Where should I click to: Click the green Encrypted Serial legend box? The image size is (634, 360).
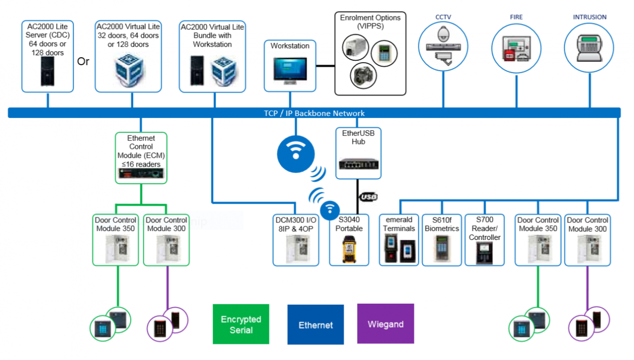click(x=241, y=324)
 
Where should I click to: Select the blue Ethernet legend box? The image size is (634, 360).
click(x=315, y=325)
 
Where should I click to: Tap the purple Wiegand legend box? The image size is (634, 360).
click(x=385, y=324)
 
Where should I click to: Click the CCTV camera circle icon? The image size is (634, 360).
click(x=443, y=46)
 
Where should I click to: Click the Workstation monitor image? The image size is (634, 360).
click(x=289, y=70)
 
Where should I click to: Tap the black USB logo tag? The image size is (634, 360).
click(x=368, y=197)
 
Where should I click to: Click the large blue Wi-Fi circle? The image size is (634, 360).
click(x=296, y=152)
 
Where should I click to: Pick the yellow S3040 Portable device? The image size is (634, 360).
click(x=349, y=248)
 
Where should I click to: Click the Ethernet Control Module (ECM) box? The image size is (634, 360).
click(x=141, y=157)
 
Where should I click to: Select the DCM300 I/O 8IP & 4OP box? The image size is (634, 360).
click(x=296, y=240)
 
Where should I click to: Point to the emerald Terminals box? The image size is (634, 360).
click(x=399, y=240)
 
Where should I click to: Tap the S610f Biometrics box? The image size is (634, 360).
click(x=441, y=240)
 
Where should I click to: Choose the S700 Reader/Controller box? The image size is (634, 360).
click(x=484, y=240)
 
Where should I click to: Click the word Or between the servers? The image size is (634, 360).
click(x=83, y=62)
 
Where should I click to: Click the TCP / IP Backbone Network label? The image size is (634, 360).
click(x=314, y=113)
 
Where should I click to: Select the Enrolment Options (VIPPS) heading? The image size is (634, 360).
click(x=370, y=22)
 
